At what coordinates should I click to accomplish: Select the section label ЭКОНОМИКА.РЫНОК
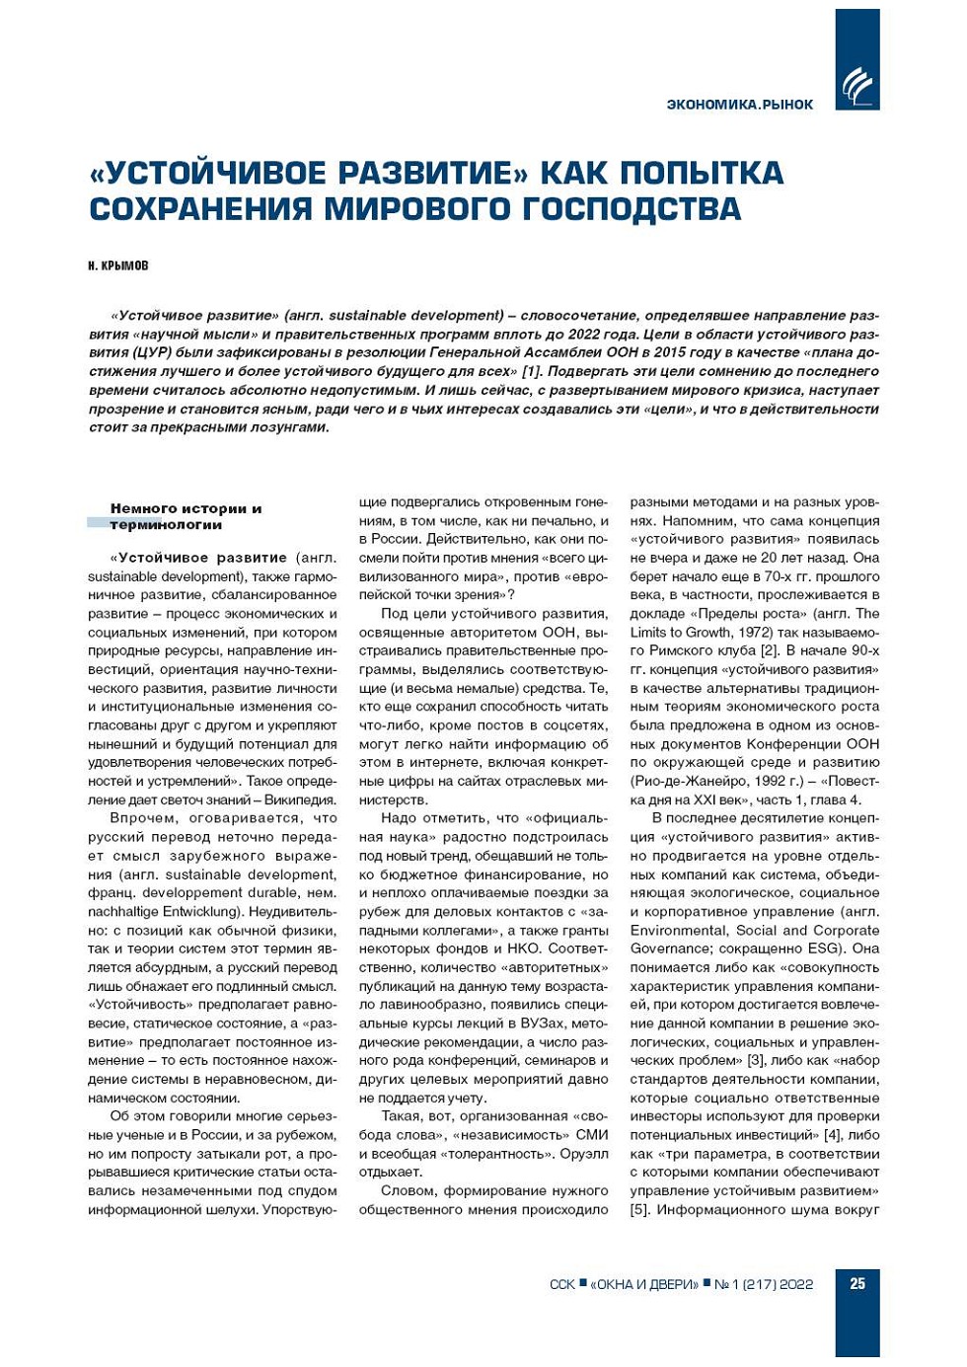coord(740,105)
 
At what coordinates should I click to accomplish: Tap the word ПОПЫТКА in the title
coord(703,173)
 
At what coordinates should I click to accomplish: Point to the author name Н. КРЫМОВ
coord(117,266)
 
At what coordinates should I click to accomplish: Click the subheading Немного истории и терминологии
coord(186,516)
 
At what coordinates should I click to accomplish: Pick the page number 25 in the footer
coord(857,1284)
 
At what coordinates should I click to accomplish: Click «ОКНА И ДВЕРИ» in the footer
coord(644,1284)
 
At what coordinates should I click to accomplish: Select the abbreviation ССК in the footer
coord(561,1284)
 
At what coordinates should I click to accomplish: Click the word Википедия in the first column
coord(302,800)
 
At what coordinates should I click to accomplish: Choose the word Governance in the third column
coord(668,949)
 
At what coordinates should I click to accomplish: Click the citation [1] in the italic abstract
coord(531,372)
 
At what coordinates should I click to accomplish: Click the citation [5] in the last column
coord(640,1210)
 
